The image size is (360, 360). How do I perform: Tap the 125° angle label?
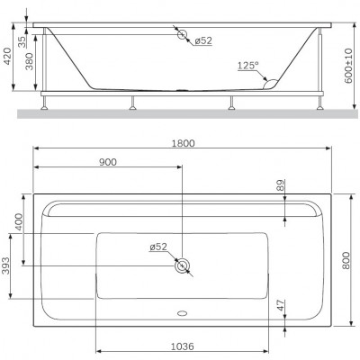pos(248,66)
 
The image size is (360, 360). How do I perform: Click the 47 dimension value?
pos(279,304)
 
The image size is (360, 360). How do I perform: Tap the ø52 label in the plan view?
pos(158,247)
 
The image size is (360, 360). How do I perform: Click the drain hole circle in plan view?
pos(183,265)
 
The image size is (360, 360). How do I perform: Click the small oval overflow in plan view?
pos(183,314)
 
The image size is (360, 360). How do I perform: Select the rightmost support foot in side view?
pos(319,105)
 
